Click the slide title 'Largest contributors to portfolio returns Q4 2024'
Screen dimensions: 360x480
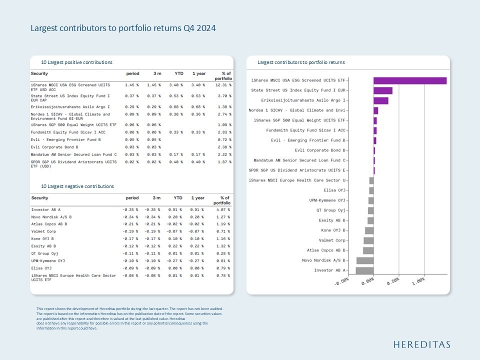click(123, 28)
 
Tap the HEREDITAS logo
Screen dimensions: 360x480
click(421, 344)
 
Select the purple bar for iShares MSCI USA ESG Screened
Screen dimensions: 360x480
click(409, 80)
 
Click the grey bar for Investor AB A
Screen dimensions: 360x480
click(364, 270)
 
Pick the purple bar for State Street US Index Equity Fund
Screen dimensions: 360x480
click(382, 90)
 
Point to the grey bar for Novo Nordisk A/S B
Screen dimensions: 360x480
click(365, 260)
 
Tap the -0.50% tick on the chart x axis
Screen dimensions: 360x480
click(341, 282)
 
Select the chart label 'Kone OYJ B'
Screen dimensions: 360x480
click(333, 230)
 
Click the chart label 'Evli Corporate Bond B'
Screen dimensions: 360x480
click(320, 150)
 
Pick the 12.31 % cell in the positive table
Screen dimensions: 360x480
click(223, 85)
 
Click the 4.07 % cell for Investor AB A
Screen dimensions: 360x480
click(223, 209)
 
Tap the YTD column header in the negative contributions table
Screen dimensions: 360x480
click(177, 198)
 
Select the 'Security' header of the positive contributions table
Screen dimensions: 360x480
click(39, 73)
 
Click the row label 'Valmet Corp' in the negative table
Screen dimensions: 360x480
click(43, 231)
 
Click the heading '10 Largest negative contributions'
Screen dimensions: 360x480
click(77, 186)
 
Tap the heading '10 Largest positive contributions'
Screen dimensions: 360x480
click(76, 62)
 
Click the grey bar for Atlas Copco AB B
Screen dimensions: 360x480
click(368, 250)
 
